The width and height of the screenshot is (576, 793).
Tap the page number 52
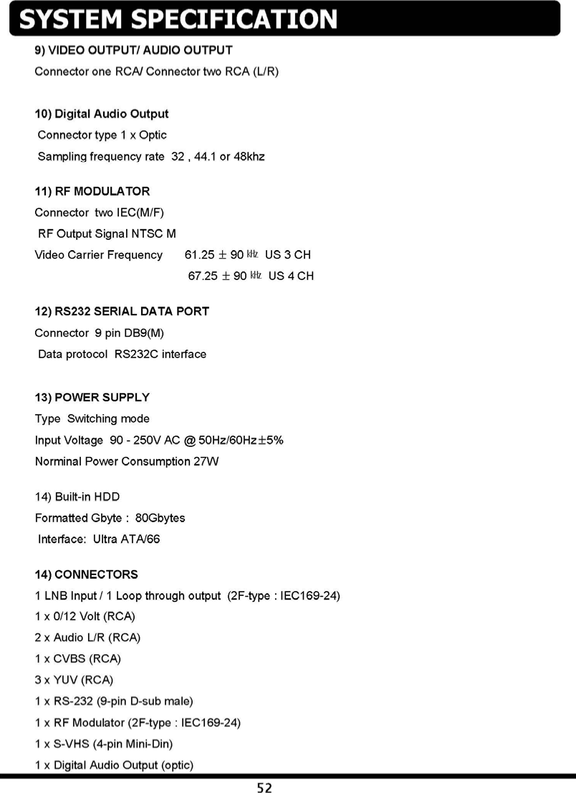(265, 787)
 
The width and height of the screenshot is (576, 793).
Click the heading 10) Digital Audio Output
(102, 114)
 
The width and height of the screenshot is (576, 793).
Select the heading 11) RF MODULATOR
(92, 191)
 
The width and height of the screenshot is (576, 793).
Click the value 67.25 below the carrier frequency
(202, 276)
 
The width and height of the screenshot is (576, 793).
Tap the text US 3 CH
(287, 255)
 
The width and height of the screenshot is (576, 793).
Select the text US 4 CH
(291, 276)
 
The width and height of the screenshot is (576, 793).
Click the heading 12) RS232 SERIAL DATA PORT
(122, 312)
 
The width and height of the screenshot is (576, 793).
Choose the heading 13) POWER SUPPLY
(92, 398)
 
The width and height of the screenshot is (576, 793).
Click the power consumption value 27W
(206, 461)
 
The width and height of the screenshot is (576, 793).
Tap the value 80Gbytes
(160, 518)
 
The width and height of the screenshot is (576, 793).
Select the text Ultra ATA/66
(126, 539)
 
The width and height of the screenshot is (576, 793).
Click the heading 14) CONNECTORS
(87, 575)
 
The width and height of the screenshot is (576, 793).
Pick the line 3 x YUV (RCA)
(74, 679)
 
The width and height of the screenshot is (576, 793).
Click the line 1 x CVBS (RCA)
(77, 658)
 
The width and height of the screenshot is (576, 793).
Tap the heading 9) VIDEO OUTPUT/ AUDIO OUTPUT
(134, 50)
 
